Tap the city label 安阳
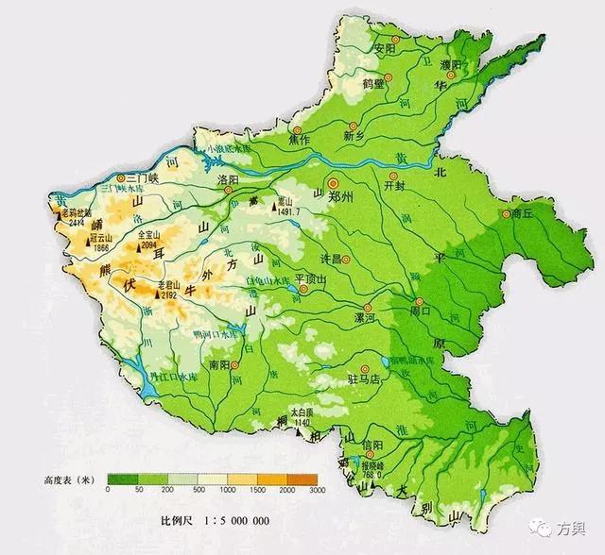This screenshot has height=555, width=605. [384, 49]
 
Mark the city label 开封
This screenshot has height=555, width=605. [394, 187]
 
